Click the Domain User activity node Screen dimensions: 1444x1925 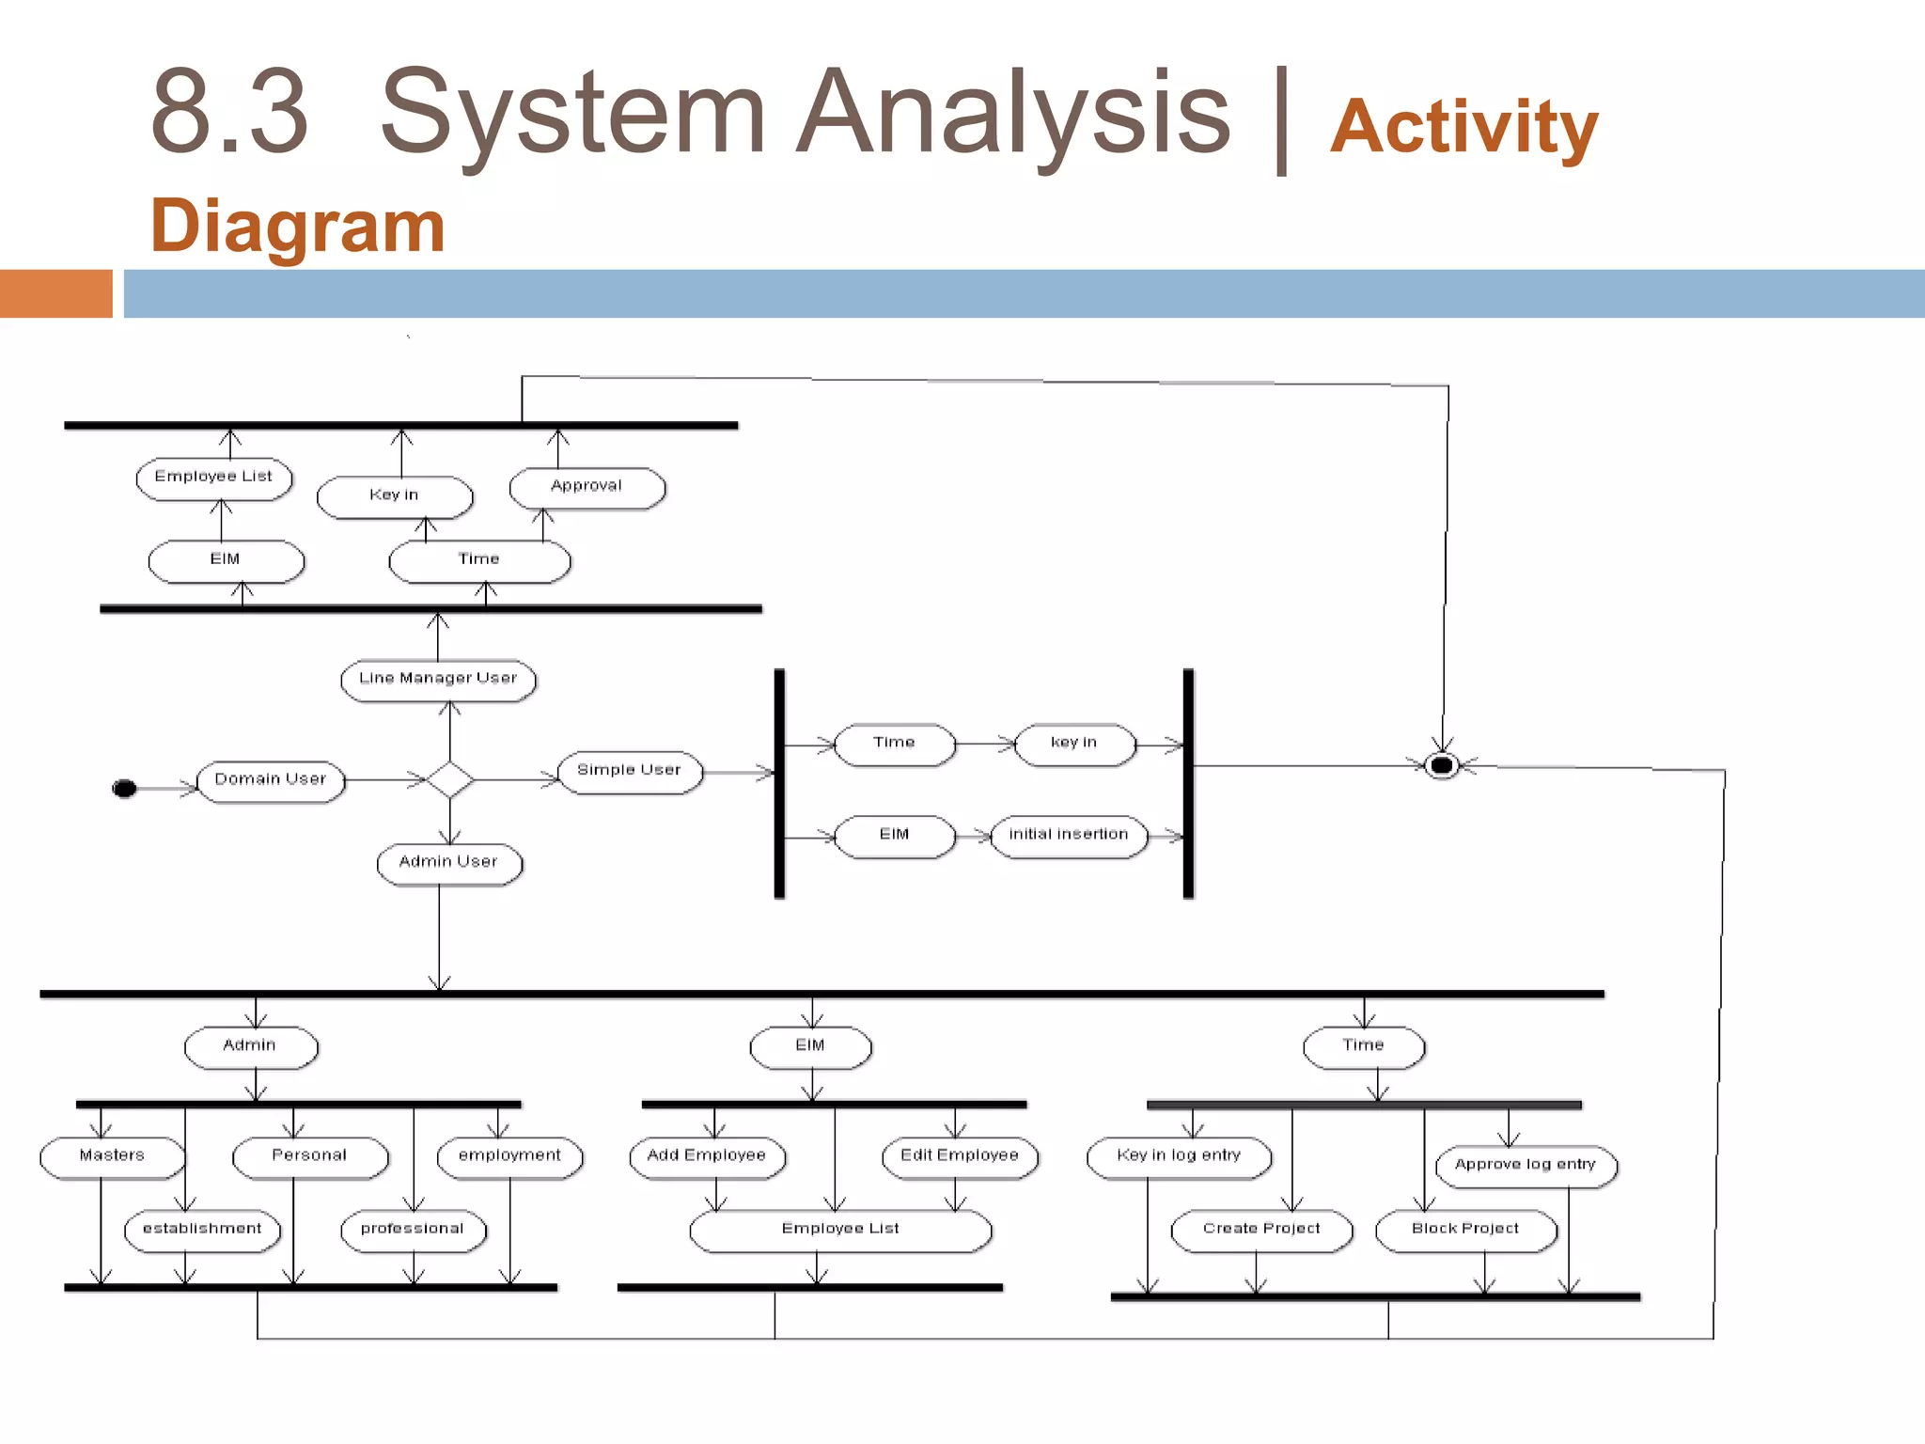click(x=271, y=780)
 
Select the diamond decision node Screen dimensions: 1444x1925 click(x=449, y=779)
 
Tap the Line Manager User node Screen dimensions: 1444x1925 click(x=438, y=679)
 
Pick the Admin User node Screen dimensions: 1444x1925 click(x=448, y=862)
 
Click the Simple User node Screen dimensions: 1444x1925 click(x=629, y=771)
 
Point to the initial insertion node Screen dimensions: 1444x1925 click(x=1069, y=835)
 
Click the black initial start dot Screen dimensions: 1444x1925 click(x=124, y=788)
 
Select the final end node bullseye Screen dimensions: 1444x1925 click(x=1442, y=765)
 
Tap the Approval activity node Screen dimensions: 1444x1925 click(x=587, y=487)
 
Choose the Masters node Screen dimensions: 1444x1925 click(x=112, y=1156)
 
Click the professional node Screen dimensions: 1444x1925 click(x=413, y=1230)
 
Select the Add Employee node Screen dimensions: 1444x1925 click(x=707, y=1156)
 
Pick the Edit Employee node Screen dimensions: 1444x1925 click(x=960, y=1156)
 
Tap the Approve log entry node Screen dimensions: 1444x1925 click(x=1526, y=1166)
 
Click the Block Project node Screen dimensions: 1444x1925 click(x=1465, y=1230)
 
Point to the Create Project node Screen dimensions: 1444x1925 click(x=1261, y=1230)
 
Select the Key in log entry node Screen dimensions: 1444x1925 click(x=1179, y=1156)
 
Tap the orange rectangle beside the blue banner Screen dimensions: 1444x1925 click(x=55, y=293)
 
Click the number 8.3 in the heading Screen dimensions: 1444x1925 click(x=229, y=113)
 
